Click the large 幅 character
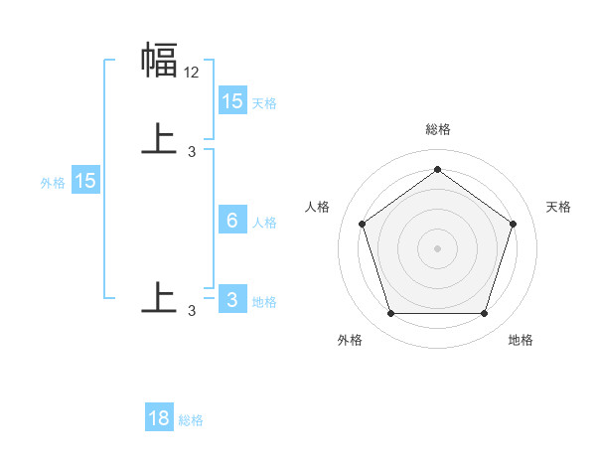(x=159, y=61)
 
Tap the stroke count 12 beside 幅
(x=192, y=72)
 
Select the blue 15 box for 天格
(x=232, y=100)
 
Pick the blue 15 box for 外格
(x=85, y=181)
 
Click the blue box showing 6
(x=232, y=221)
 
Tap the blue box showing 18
(x=159, y=418)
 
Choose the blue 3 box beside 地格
(x=232, y=300)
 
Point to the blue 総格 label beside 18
(x=191, y=420)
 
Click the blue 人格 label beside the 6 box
(x=265, y=223)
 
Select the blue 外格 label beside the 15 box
(x=53, y=183)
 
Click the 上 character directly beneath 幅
(x=159, y=140)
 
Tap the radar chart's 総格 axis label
(x=437, y=129)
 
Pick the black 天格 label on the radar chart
(x=558, y=207)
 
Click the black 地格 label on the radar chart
(x=521, y=340)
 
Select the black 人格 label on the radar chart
(x=318, y=207)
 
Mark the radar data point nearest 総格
(x=437, y=170)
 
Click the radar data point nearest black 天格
(x=513, y=224)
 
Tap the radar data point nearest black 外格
(x=390, y=314)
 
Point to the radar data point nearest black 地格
(x=484, y=314)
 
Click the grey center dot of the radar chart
(x=437, y=248)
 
